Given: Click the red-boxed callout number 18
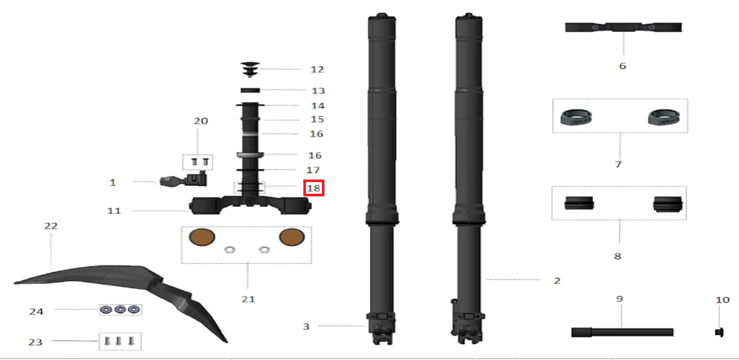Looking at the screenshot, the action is (313, 188).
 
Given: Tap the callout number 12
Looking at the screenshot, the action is (318, 70).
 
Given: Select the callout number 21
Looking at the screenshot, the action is (248, 299).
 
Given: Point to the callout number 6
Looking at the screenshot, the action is (623, 66).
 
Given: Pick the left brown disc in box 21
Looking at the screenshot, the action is (202, 237).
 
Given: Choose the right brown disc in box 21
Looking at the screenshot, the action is (292, 237).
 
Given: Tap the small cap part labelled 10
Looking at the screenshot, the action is (719, 332).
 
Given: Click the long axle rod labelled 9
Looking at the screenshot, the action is (622, 332).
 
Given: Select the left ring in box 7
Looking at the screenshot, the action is (576, 117).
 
